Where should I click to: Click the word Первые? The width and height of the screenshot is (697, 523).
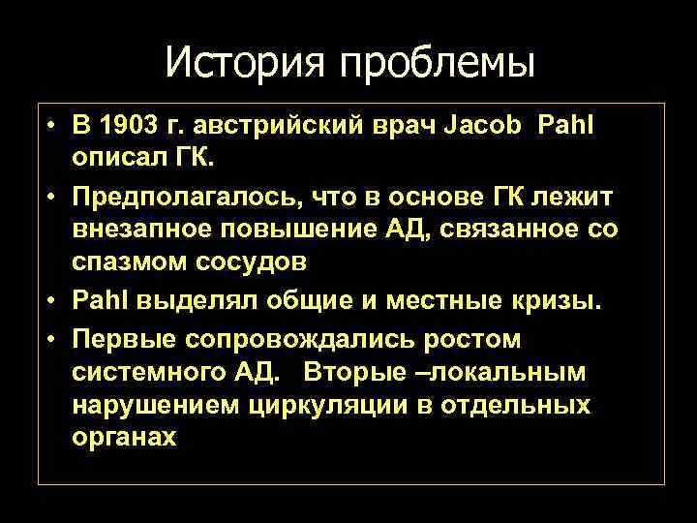tap(126, 339)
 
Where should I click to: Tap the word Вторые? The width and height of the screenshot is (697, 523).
tap(354, 373)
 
